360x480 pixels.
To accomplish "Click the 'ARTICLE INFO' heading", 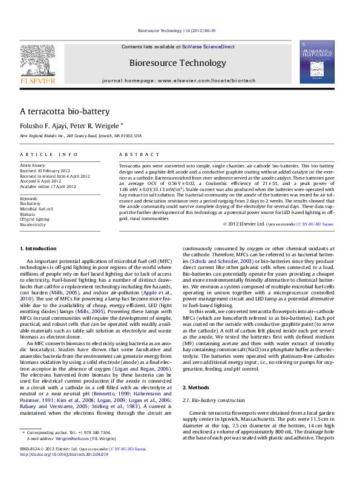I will click(49, 155).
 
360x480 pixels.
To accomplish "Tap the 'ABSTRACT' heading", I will click(134, 155).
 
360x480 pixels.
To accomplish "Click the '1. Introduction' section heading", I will click(39, 248).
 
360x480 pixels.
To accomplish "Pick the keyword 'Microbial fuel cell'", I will click(37, 209).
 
